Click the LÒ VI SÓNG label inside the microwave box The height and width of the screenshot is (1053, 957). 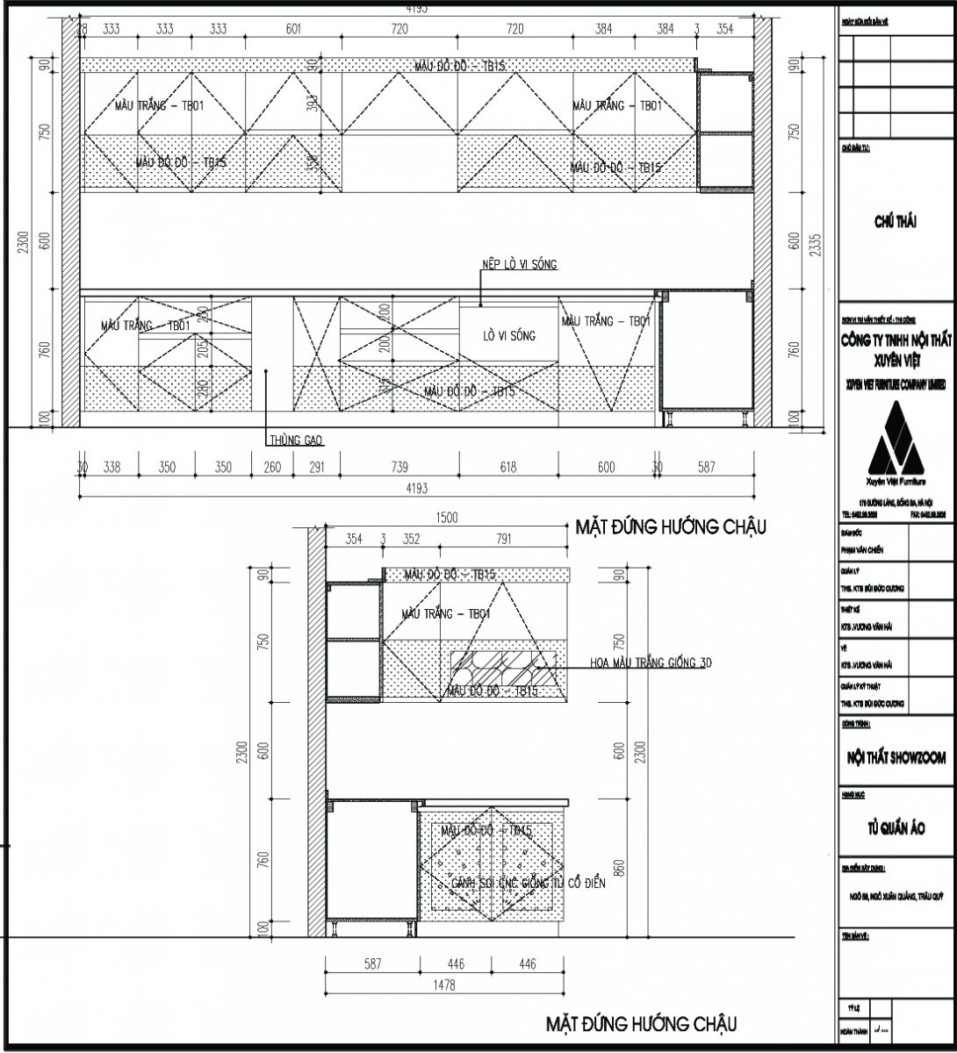[x=508, y=336]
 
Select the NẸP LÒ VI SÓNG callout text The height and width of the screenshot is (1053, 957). [x=519, y=264]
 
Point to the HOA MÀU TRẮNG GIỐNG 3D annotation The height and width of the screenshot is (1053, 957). [x=650, y=663]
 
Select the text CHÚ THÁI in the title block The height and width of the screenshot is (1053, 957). [x=896, y=222]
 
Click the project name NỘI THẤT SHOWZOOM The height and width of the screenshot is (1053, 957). [x=896, y=757]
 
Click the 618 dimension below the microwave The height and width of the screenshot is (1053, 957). [x=508, y=468]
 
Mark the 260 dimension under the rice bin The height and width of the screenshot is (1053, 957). [x=272, y=468]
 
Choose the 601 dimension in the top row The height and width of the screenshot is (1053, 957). [x=293, y=29]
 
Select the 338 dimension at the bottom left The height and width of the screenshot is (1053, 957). [x=112, y=468]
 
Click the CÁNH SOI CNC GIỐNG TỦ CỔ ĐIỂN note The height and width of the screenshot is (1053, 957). [x=518, y=884]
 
